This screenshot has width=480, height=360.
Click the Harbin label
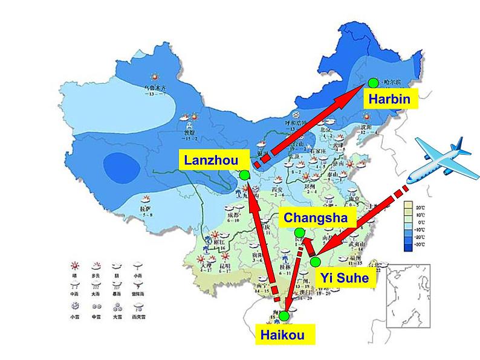tap(390, 99)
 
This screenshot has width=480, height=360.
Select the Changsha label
tap(315, 217)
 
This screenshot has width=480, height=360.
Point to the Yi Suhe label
tap(345, 279)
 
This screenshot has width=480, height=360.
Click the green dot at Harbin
tap(372, 82)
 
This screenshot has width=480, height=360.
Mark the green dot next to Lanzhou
tap(244, 175)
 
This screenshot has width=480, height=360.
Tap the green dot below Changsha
tap(299, 233)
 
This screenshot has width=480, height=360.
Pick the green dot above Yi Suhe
tap(316, 262)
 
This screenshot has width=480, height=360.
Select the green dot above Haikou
tap(284, 315)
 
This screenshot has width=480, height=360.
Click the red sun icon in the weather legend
tap(76, 265)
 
